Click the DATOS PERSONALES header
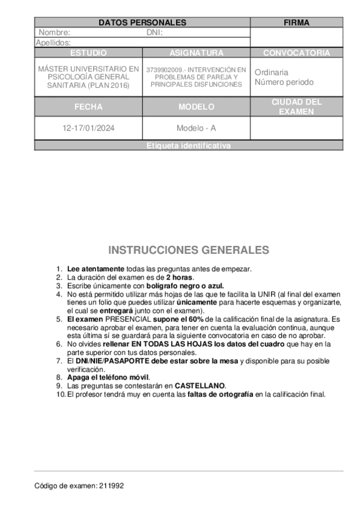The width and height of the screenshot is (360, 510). (x=142, y=23)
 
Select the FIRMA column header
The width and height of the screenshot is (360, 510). (x=296, y=23)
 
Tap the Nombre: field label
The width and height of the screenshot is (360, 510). (x=54, y=32)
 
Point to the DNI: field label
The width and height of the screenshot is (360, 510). (x=154, y=32)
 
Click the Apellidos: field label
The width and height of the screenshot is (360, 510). (x=53, y=43)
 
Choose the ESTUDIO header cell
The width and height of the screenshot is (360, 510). (x=88, y=53)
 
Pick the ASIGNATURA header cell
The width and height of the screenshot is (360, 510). (x=196, y=53)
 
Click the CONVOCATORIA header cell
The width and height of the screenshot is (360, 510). (x=296, y=53)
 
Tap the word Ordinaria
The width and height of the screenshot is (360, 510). (x=271, y=72)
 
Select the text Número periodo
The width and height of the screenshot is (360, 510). (x=284, y=82)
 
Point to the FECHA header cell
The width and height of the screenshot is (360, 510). (x=88, y=107)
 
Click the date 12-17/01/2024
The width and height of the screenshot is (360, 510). (x=88, y=128)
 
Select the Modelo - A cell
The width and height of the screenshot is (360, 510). (x=196, y=128)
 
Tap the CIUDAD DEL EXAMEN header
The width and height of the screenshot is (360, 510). (x=296, y=107)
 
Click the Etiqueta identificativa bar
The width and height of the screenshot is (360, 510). (x=188, y=146)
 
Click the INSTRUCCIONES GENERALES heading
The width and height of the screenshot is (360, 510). (x=189, y=250)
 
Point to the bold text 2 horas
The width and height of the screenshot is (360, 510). (x=179, y=277)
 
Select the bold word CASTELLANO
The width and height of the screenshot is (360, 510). (x=200, y=385)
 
